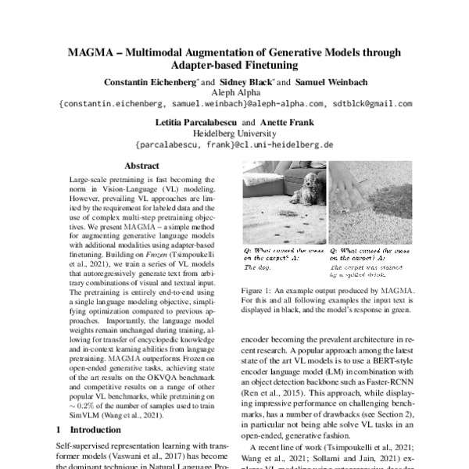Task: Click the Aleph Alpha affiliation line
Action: (x=234, y=92)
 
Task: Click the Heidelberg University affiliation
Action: (x=234, y=134)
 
